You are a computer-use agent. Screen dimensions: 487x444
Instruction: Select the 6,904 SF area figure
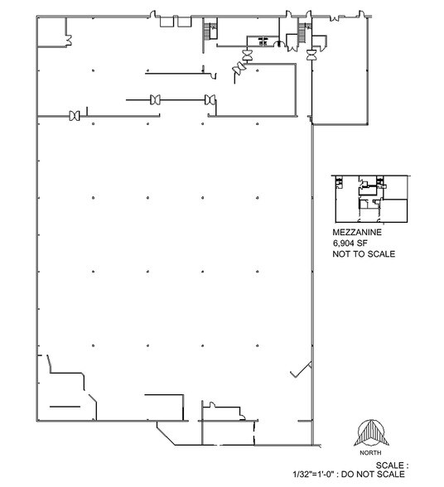[x=350, y=244]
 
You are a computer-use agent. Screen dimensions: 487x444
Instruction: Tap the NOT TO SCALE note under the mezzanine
[x=363, y=254]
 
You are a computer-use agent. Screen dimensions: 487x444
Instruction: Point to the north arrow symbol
[x=371, y=436]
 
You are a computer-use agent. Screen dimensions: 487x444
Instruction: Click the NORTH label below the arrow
[x=371, y=455]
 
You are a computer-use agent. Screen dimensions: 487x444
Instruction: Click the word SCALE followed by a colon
[x=393, y=465]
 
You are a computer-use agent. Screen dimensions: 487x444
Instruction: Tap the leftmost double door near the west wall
[x=75, y=114]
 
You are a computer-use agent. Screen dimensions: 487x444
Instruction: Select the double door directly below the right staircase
[x=311, y=55]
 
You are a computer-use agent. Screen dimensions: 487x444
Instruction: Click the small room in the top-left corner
[x=56, y=32]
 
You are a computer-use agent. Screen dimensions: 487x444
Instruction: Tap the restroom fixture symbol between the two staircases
[x=263, y=38]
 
